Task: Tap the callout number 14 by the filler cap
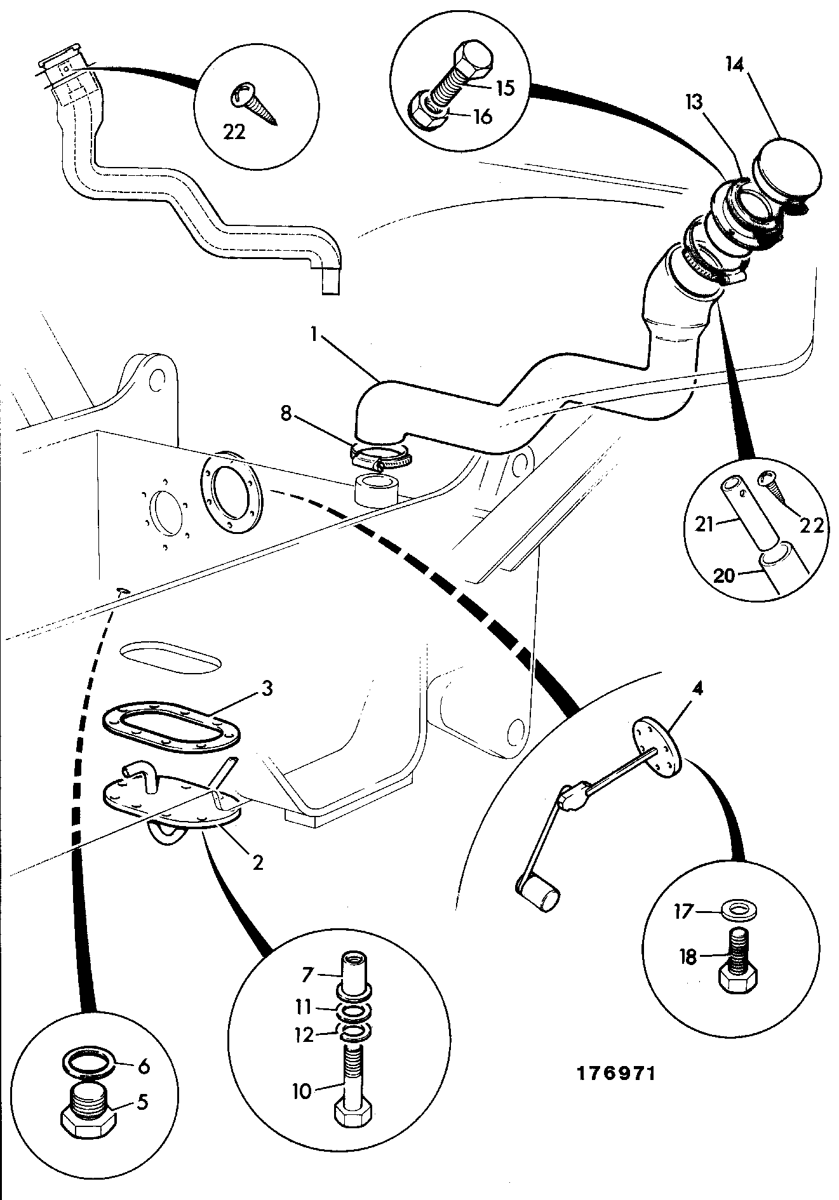(x=734, y=66)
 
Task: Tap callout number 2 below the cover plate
(x=257, y=862)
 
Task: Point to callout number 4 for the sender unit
(x=697, y=689)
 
